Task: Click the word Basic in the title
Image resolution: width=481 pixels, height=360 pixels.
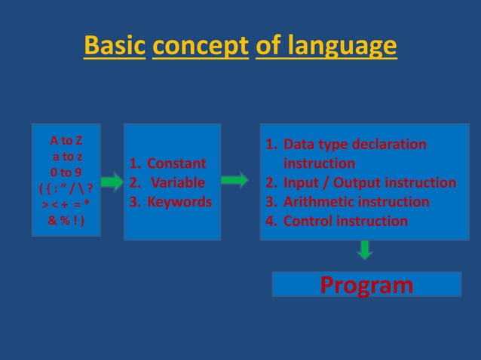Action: [x=115, y=47]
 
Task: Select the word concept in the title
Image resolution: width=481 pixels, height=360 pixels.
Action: [x=200, y=47]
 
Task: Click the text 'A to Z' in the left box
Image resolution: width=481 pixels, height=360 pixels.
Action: [x=67, y=141]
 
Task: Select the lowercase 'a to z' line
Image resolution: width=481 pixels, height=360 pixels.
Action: [x=67, y=157]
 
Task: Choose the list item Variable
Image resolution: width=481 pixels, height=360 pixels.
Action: [x=176, y=182]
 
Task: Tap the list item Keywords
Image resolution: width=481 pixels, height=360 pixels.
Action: [x=179, y=202]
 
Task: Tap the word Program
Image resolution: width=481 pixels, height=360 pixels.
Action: [x=366, y=285]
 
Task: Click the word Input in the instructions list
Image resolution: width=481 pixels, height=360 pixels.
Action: [x=302, y=182]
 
